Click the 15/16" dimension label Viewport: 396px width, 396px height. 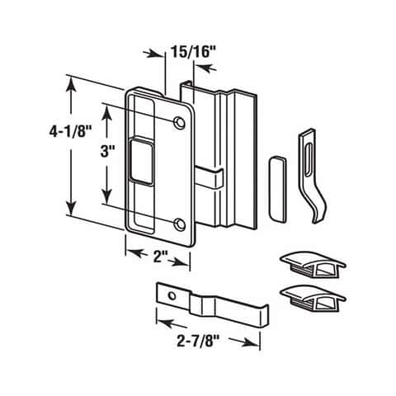[194, 52]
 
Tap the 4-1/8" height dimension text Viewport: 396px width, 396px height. [70, 132]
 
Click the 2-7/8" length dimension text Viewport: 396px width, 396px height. [198, 342]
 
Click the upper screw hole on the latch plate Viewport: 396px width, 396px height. [179, 122]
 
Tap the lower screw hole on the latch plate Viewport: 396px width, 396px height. [180, 224]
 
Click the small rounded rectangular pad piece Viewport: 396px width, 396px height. [277, 189]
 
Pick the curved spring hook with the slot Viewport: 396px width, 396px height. [313, 176]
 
